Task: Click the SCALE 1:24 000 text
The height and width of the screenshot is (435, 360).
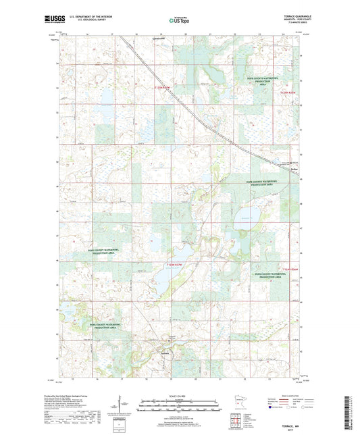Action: [x=180, y=396]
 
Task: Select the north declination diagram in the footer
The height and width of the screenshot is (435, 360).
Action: [x=124, y=409]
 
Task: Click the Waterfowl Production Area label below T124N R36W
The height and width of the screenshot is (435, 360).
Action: [x=272, y=275]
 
